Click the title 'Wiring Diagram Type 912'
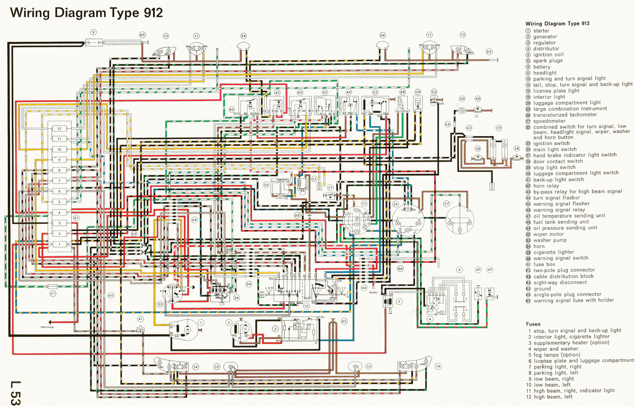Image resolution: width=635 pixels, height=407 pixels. tap(87, 13)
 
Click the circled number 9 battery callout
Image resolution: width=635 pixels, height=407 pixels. tap(93, 32)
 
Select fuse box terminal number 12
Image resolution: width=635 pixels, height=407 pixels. tap(59, 128)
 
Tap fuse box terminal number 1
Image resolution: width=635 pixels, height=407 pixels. tap(60, 244)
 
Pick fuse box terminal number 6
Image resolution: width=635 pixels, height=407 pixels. tap(60, 191)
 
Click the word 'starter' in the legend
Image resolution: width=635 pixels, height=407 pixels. tap(541, 31)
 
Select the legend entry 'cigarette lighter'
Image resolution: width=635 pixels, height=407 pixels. tap(554, 252)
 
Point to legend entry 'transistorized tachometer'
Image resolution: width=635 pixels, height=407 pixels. tap(565, 115)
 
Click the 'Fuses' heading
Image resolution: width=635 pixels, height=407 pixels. tap(533, 324)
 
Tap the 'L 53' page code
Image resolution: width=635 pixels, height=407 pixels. tap(15, 393)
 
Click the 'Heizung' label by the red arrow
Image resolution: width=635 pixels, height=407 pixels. tap(47, 327)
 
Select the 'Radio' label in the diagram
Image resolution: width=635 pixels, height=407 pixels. tap(373, 293)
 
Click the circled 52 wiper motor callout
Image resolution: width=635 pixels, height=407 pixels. tap(375, 92)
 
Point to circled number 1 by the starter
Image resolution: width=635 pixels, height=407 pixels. tap(201, 323)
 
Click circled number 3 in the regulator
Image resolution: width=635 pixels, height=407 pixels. tap(275, 329)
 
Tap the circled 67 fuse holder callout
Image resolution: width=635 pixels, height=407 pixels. tap(53, 293)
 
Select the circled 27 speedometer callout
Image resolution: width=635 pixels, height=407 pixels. tap(446, 203)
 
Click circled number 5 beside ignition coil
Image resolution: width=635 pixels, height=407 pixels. tap(399, 302)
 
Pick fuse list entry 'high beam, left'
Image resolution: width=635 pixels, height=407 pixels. tap(553, 397)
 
